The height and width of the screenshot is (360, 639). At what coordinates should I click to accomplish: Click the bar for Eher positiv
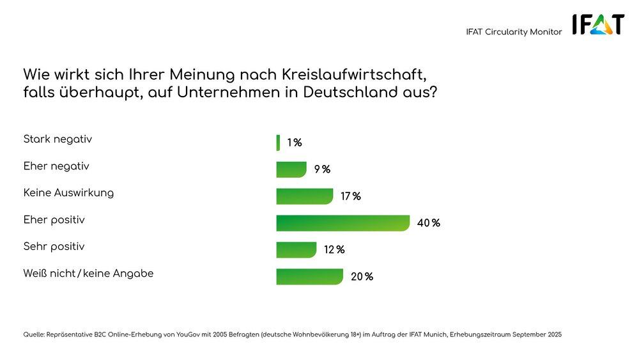[x=343, y=223]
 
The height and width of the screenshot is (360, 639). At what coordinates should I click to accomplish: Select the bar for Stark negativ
[x=278, y=143]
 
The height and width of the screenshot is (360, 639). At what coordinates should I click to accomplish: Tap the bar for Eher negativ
[x=291, y=169]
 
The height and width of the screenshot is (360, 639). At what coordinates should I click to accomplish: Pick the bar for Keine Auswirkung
[x=305, y=196]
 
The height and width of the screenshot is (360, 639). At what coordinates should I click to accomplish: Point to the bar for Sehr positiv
[x=296, y=250]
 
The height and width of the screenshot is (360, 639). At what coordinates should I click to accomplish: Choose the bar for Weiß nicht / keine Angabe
[x=310, y=277]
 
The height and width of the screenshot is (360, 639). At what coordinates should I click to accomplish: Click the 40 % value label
[x=428, y=223]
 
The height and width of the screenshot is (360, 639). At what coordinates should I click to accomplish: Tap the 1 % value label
[x=295, y=143]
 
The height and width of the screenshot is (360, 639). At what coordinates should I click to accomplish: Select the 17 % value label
[x=351, y=196]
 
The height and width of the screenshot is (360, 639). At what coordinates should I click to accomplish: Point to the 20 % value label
[x=362, y=277]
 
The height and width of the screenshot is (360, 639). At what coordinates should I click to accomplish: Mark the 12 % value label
[x=334, y=250]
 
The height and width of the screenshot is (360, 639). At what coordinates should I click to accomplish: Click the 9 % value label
[x=322, y=169]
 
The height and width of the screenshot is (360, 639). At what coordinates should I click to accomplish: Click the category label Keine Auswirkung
[x=68, y=192]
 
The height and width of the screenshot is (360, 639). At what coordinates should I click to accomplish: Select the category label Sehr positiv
[x=54, y=246]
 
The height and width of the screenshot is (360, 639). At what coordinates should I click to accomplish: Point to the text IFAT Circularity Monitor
[x=514, y=32]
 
